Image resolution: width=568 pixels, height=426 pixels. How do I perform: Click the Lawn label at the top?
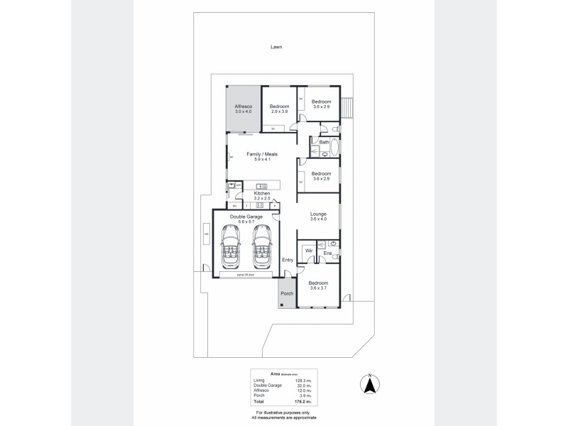coord(276,48)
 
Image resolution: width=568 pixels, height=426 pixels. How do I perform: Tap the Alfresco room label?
coord(244,106)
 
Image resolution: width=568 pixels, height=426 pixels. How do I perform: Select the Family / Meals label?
coord(262,154)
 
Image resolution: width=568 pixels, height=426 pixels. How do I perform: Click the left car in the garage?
coord(232,246)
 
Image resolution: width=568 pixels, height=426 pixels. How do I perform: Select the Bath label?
coord(324,142)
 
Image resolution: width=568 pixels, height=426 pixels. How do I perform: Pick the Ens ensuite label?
coord(327,253)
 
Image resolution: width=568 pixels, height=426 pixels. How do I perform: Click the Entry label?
coord(288,260)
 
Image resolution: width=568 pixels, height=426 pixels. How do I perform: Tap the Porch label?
coord(287,293)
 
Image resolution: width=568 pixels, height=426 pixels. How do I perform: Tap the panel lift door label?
coord(246,274)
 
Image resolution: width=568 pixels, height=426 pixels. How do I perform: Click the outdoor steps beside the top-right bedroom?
coord(347,107)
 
